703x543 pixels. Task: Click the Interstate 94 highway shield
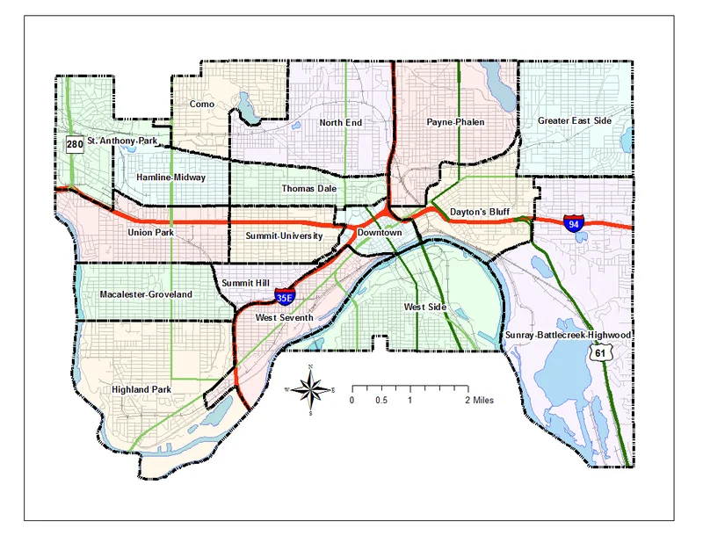[574, 223]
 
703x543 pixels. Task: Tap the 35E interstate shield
[284, 297]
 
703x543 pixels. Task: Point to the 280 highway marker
[75, 143]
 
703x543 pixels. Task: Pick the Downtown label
[380, 233]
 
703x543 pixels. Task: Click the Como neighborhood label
[202, 104]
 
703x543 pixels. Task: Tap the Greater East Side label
[574, 121]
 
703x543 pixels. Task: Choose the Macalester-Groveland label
[146, 293]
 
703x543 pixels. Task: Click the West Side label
[425, 307]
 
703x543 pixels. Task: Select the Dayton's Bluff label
[479, 213]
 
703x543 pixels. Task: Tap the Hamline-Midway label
[170, 177]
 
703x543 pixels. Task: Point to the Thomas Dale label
[309, 188]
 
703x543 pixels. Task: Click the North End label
[340, 122]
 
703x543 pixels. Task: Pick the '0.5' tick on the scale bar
[381, 400]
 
